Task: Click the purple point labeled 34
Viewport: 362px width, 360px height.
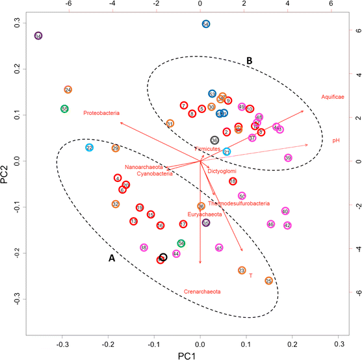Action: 38,36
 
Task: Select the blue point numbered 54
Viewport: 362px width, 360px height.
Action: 205,24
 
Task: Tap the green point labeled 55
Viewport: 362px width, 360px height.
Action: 64,109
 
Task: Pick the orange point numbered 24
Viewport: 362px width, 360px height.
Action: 68,90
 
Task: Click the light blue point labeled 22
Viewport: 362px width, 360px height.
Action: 89,148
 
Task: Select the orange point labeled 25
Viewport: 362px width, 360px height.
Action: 268,281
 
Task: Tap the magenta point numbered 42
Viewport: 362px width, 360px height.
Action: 287,225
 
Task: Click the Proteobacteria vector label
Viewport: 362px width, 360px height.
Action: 101,113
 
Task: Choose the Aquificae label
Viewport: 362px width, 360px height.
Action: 332,97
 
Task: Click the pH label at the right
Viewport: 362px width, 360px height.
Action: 336,140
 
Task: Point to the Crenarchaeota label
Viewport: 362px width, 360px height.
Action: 202,292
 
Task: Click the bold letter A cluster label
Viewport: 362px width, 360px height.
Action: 111,258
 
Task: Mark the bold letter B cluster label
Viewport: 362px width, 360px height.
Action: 249,60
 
